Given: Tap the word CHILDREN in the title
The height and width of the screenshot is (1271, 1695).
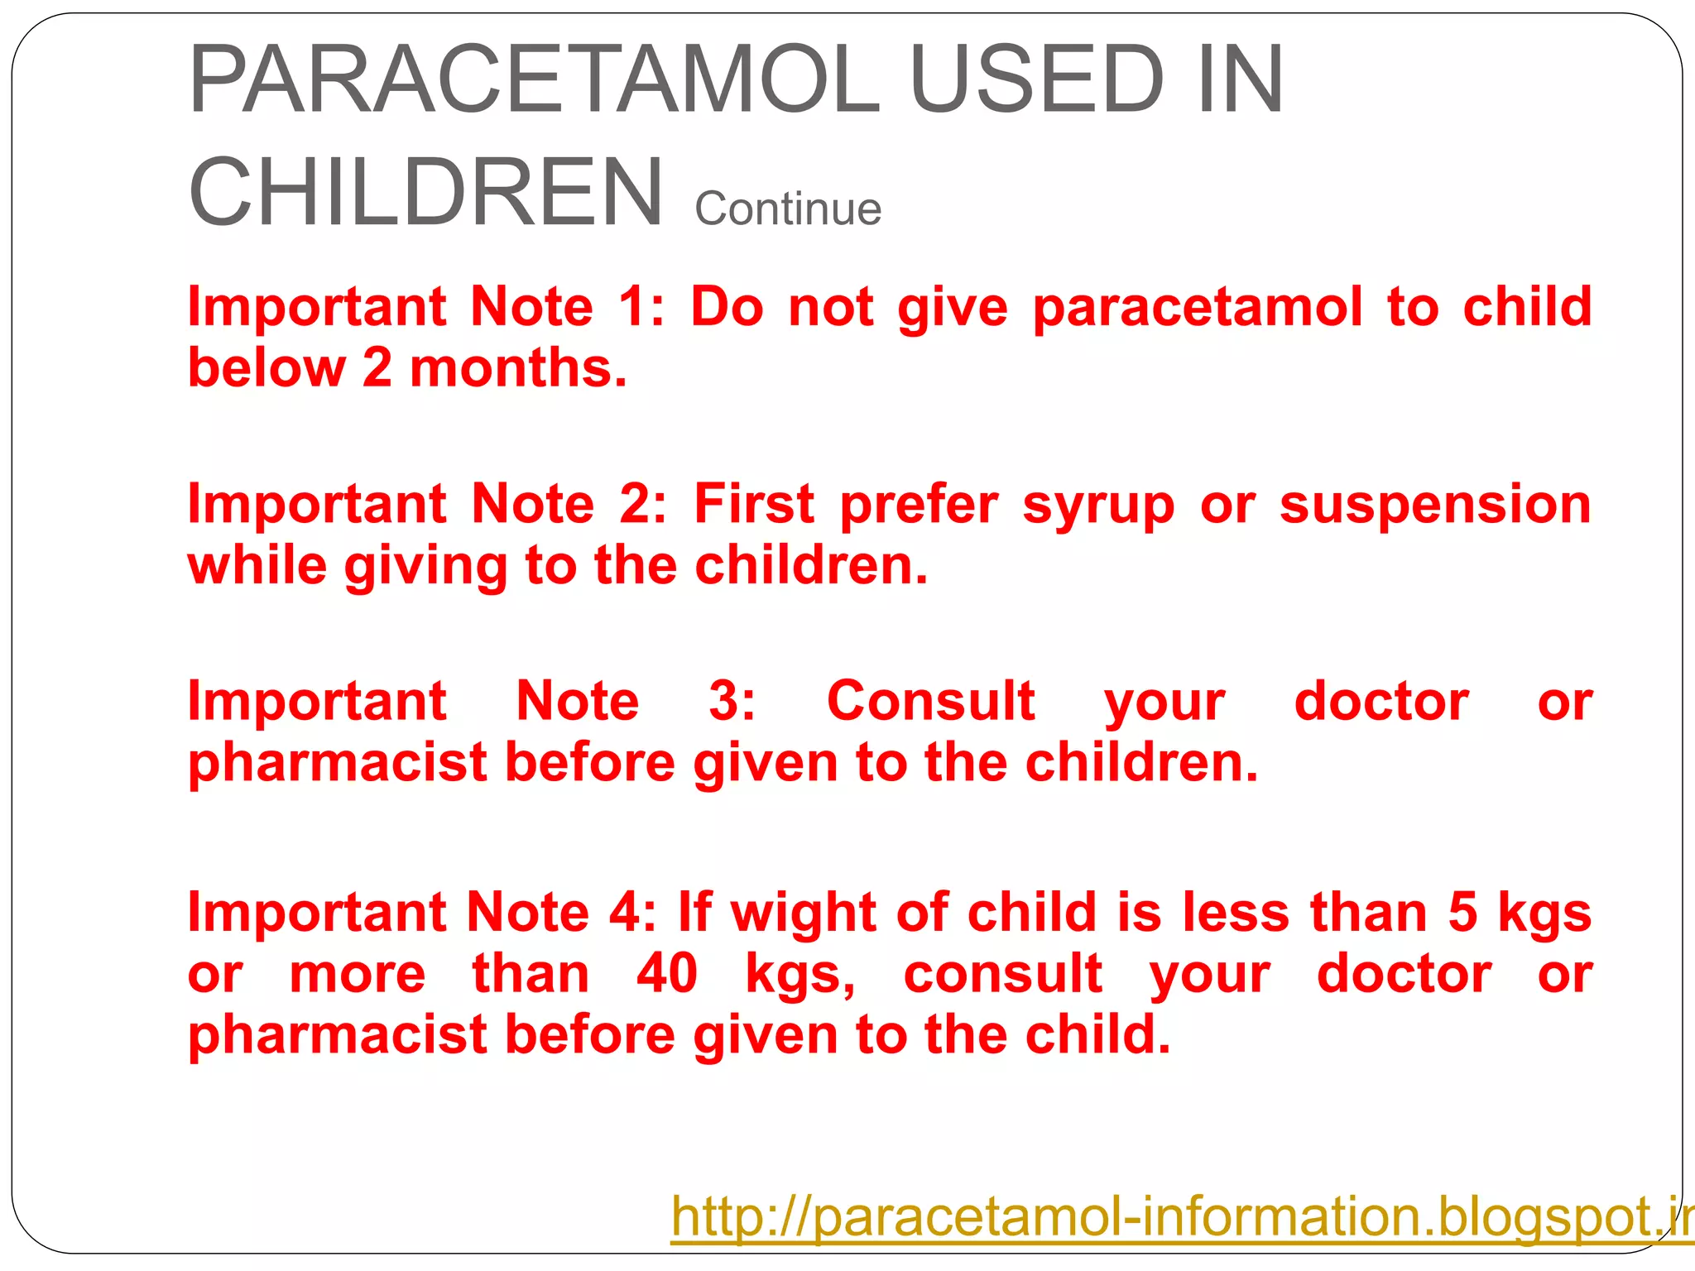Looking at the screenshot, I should (426, 193).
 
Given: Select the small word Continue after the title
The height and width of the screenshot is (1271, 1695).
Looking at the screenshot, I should (788, 209).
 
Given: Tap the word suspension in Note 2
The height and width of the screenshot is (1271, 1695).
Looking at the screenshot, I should (1435, 505).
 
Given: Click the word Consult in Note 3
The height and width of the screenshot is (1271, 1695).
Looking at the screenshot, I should (930, 702).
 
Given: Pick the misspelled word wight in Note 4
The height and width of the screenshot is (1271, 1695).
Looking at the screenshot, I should (803, 914).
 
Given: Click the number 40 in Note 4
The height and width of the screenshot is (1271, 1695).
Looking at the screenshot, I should (667, 974).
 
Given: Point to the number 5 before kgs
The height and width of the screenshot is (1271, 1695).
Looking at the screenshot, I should (1462, 913).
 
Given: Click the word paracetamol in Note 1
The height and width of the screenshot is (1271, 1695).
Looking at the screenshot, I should (1197, 308).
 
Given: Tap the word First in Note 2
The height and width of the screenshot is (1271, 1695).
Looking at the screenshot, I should (754, 504).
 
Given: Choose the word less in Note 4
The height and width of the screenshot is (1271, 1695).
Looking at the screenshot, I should (1236, 913).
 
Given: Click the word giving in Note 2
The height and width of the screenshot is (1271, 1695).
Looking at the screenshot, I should (425, 567).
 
